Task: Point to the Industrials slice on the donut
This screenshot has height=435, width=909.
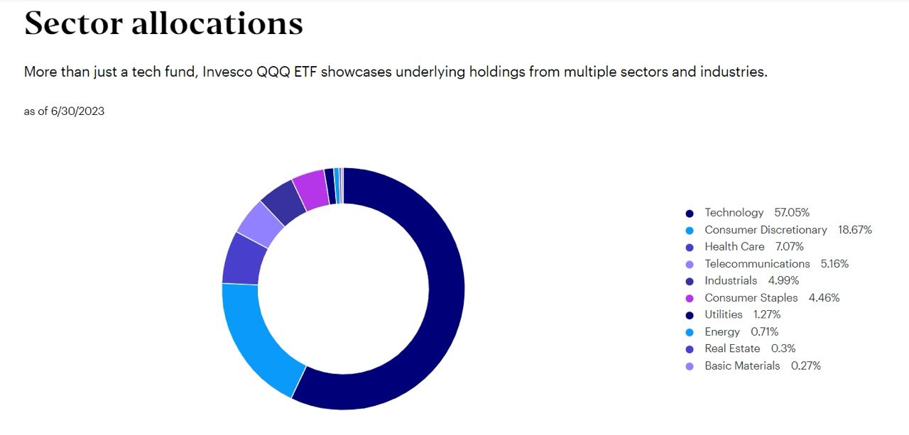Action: [x=283, y=204]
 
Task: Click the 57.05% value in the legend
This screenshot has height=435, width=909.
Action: [x=792, y=212]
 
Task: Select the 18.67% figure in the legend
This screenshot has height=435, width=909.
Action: [x=855, y=230]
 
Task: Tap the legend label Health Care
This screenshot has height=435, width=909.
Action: [x=734, y=246]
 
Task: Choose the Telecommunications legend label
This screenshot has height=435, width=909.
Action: [x=757, y=263]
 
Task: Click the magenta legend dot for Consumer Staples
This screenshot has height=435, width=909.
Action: [x=690, y=298]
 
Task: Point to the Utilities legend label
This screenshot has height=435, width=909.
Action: [x=724, y=314]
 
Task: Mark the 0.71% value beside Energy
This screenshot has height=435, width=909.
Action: [x=765, y=331]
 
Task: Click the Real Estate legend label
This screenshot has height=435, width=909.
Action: [x=732, y=348]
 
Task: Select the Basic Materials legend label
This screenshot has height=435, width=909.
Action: [x=742, y=365]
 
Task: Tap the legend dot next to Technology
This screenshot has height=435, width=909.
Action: [x=690, y=214]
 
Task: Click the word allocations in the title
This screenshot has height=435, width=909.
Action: [x=217, y=23]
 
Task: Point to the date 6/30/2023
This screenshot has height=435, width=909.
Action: [x=77, y=111]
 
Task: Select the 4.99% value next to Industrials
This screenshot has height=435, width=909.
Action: [x=783, y=280]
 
